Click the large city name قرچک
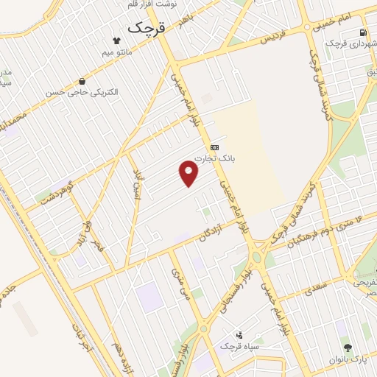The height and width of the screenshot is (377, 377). point(148,28)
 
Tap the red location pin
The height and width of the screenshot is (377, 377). point(189,174)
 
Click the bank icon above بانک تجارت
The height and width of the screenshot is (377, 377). point(214,147)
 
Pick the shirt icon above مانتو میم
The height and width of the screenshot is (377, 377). point(116,40)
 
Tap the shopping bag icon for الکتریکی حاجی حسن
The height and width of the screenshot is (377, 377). point(82,81)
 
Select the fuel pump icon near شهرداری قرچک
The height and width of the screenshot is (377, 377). point(362,32)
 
